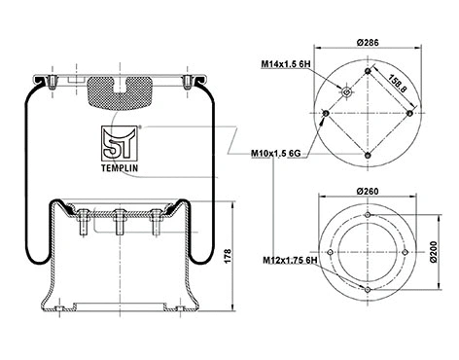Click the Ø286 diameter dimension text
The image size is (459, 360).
[366, 42]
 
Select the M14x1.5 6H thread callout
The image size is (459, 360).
[284, 64]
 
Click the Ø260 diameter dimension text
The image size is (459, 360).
[366, 191]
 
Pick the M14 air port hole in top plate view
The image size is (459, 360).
[346, 92]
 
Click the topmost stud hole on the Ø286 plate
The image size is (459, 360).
[367, 70]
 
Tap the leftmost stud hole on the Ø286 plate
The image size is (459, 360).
[324, 114]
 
